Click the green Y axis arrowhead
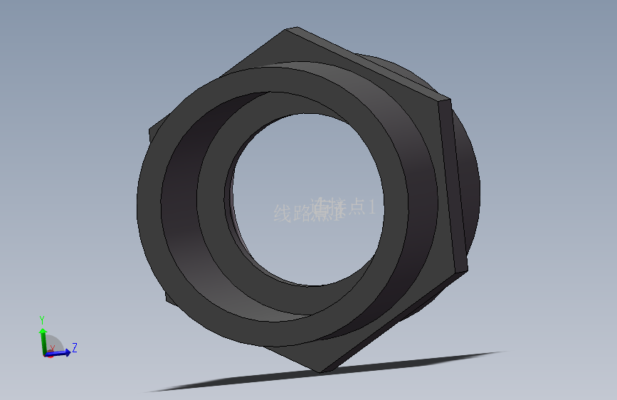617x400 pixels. click(x=43, y=332)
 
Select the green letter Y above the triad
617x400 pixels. click(x=42, y=319)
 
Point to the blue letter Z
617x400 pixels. click(x=74, y=347)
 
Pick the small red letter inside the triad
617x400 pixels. click(x=51, y=348)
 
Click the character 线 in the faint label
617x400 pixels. click(x=283, y=213)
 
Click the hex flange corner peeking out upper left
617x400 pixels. click(x=152, y=132)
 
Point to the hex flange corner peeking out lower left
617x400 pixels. click(x=169, y=295)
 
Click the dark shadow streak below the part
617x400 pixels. click(x=320, y=374)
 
